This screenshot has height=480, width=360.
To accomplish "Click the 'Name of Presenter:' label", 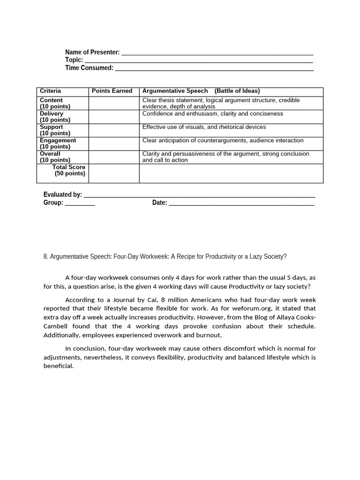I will click(92, 52).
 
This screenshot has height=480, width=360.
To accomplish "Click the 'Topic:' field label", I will click(74, 60).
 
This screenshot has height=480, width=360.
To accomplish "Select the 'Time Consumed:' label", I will click(89, 68).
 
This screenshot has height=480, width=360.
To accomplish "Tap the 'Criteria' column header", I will click(50, 91).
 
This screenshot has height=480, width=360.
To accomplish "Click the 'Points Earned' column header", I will click(112, 91).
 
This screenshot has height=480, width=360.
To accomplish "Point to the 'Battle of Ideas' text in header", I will click(237, 91).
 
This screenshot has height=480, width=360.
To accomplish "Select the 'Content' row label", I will click(51, 100).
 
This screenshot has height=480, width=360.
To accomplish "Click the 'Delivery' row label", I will click(52, 114).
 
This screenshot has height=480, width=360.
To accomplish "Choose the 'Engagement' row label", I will click(58, 141).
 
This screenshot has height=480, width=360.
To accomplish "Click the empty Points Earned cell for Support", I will click(114, 130).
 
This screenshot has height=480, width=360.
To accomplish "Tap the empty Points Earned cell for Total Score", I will click(114, 173).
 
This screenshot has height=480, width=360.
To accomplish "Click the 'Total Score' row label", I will click(69, 167).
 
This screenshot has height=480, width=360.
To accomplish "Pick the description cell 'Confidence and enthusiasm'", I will click(212, 114).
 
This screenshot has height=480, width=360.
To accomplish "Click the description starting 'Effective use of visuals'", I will click(204, 127).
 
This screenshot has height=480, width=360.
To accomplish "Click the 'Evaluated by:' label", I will click(63, 195).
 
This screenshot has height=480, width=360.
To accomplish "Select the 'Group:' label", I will click(53, 202).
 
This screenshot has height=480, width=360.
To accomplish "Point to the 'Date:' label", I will click(159, 202).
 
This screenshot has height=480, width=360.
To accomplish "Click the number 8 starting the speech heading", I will click(45, 256).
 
